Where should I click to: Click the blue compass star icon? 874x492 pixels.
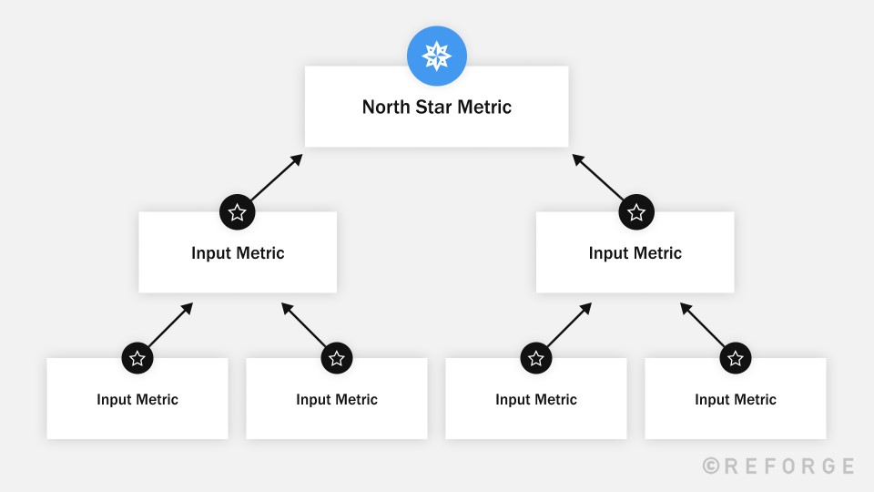pyautogui.click(x=437, y=56)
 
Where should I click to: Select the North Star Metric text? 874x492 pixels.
pyautogui.click(x=437, y=108)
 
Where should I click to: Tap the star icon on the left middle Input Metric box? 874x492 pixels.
pyautogui.click(x=238, y=212)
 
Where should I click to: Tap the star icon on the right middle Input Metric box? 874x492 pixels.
pyautogui.click(x=636, y=212)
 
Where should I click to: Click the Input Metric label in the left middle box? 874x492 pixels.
pyautogui.click(x=238, y=253)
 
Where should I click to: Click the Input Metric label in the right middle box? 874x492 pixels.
pyautogui.click(x=635, y=253)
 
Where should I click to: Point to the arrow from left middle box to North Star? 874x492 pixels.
pyautogui.click(x=275, y=178)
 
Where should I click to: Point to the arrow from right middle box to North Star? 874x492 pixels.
pyautogui.click(x=598, y=178)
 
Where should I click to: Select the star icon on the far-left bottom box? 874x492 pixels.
pyautogui.click(x=137, y=358)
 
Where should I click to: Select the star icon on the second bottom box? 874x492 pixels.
pyautogui.click(x=337, y=358)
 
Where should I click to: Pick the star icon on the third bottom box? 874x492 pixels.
pyautogui.click(x=536, y=358)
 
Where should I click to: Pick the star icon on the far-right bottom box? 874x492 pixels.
pyautogui.click(x=736, y=358)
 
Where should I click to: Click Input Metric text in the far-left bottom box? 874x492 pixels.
pyautogui.click(x=137, y=399)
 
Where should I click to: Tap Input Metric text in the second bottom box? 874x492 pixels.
pyautogui.click(x=337, y=399)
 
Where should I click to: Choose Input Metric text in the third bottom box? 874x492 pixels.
pyautogui.click(x=536, y=399)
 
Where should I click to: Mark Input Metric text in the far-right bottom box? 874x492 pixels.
pyautogui.click(x=736, y=399)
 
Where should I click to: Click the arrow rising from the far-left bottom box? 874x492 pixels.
pyautogui.click(x=170, y=324)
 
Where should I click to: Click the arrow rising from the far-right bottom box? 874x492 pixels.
pyautogui.click(x=703, y=324)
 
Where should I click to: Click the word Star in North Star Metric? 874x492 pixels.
pyautogui.click(x=432, y=108)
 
